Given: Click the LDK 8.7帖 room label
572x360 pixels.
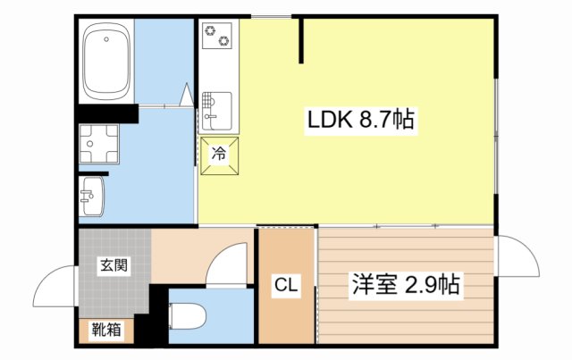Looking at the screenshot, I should pos(360,120).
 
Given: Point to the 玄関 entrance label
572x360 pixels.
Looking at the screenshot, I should pos(112,265).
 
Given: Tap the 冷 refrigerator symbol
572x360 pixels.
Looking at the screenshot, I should pos(218,154).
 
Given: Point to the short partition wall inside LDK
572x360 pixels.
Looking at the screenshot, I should pos(301,40).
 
